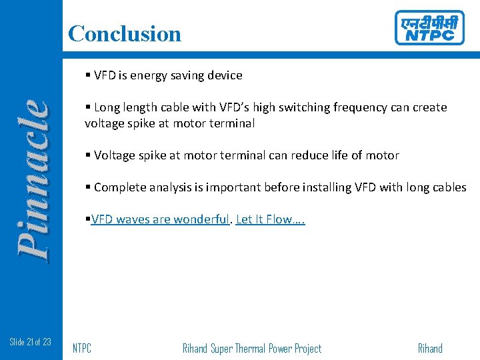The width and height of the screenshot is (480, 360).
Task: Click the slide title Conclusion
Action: [x=125, y=33]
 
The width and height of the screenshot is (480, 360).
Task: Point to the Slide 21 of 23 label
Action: [x=31, y=342]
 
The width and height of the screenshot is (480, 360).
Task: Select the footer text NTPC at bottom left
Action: [x=81, y=348]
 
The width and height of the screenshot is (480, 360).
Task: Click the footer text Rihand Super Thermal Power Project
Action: [x=251, y=348]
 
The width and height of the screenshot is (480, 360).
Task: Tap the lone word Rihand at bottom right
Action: [x=429, y=348]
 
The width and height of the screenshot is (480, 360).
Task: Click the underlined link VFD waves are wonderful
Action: [x=160, y=219]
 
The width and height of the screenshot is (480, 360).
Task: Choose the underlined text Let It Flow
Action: [x=270, y=219]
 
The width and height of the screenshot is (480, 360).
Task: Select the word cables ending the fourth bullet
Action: [x=448, y=187]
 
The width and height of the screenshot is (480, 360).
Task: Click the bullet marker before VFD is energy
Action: [x=88, y=75]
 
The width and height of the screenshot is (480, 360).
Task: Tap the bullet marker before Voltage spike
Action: [x=88, y=155]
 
